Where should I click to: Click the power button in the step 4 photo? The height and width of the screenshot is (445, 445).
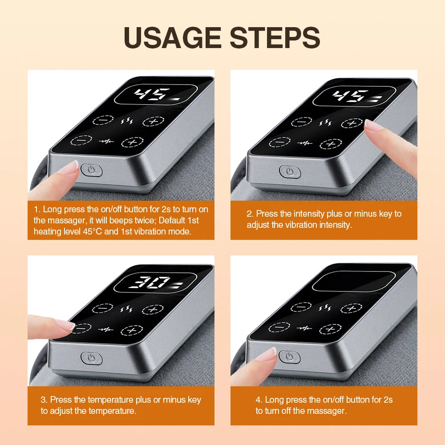coord(289,356)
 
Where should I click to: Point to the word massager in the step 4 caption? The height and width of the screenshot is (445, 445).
coord(324,411)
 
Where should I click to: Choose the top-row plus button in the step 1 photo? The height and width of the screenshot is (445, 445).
coord(153,121)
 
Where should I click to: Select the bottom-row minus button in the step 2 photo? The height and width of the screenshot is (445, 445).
coord(279,142)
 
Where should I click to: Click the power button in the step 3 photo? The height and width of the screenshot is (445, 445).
coord(91,357)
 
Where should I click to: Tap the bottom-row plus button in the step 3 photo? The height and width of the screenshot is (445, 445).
coord(132,330)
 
